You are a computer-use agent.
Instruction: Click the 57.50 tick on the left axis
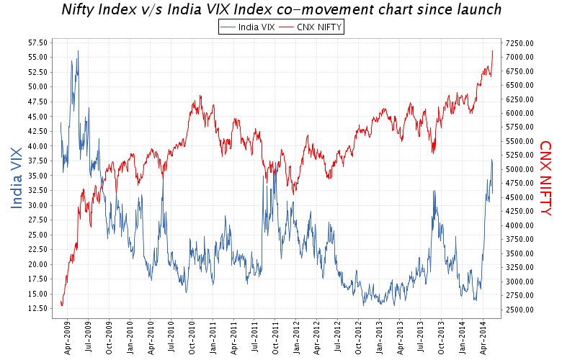(x=37, y=42)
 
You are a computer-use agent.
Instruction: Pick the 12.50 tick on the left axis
(x=37, y=309)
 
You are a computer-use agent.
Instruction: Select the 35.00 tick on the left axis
(x=37, y=176)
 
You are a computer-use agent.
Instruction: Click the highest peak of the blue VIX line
(x=78, y=51)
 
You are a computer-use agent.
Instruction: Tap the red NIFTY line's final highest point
(x=492, y=50)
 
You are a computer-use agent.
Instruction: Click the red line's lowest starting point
(x=62, y=305)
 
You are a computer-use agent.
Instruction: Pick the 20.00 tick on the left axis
(x=37, y=264)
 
